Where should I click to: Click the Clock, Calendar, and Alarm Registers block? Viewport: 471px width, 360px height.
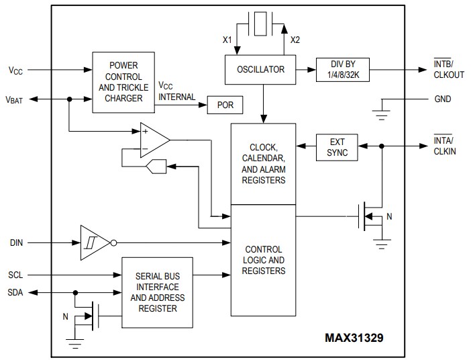pyautogui.click(x=263, y=164)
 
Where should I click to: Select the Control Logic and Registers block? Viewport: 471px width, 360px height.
pyautogui.click(x=263, y=260)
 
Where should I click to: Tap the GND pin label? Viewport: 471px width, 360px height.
pyautogui.click(x=443, y=99)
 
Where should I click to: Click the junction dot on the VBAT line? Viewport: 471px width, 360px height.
pyautogui.click(x=69, y=99)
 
